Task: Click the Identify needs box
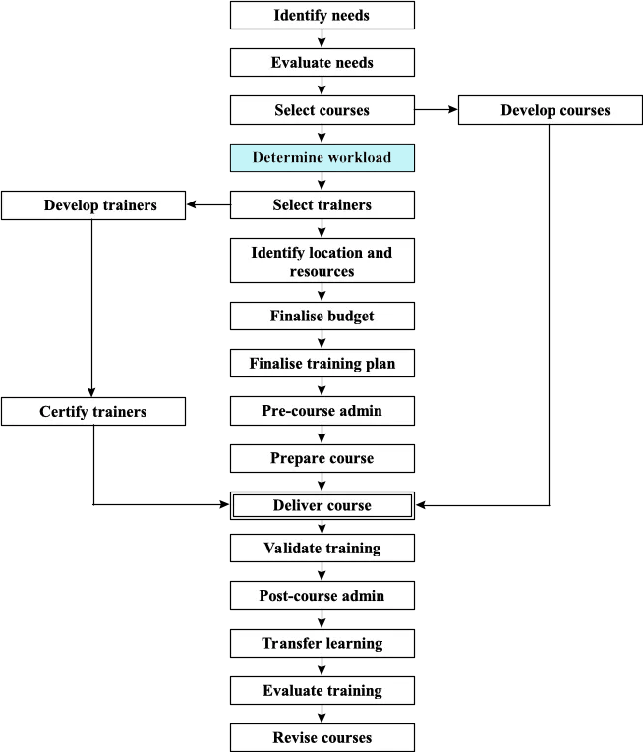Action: (x=321, y=16)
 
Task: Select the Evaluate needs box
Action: (x=321, y=63)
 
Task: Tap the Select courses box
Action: (x=321, y=110)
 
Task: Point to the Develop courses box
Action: (x=555, y=110)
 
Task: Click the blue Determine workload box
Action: (x=321, y=157)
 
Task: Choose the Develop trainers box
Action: (x=93, y=205)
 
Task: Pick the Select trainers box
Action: (x=321, y=205)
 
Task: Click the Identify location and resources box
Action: (x=321, y=261)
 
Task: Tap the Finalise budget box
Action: (x=321, y=316)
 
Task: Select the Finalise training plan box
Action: (x=321, y=363)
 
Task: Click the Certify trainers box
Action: (x=93, y=411)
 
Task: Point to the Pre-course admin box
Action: (x=321, y=410)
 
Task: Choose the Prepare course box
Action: (x=321, y=458)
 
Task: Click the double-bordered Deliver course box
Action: (x=321, y=505)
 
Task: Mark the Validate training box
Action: (x=321, y=548)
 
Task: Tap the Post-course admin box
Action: (x=321, y=596)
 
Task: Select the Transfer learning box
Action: (x=321, y=644)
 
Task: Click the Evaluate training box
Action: (x=321, y=691)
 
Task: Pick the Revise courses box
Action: (x=321, y=738)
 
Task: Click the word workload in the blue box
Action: (x=358, y=157)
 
